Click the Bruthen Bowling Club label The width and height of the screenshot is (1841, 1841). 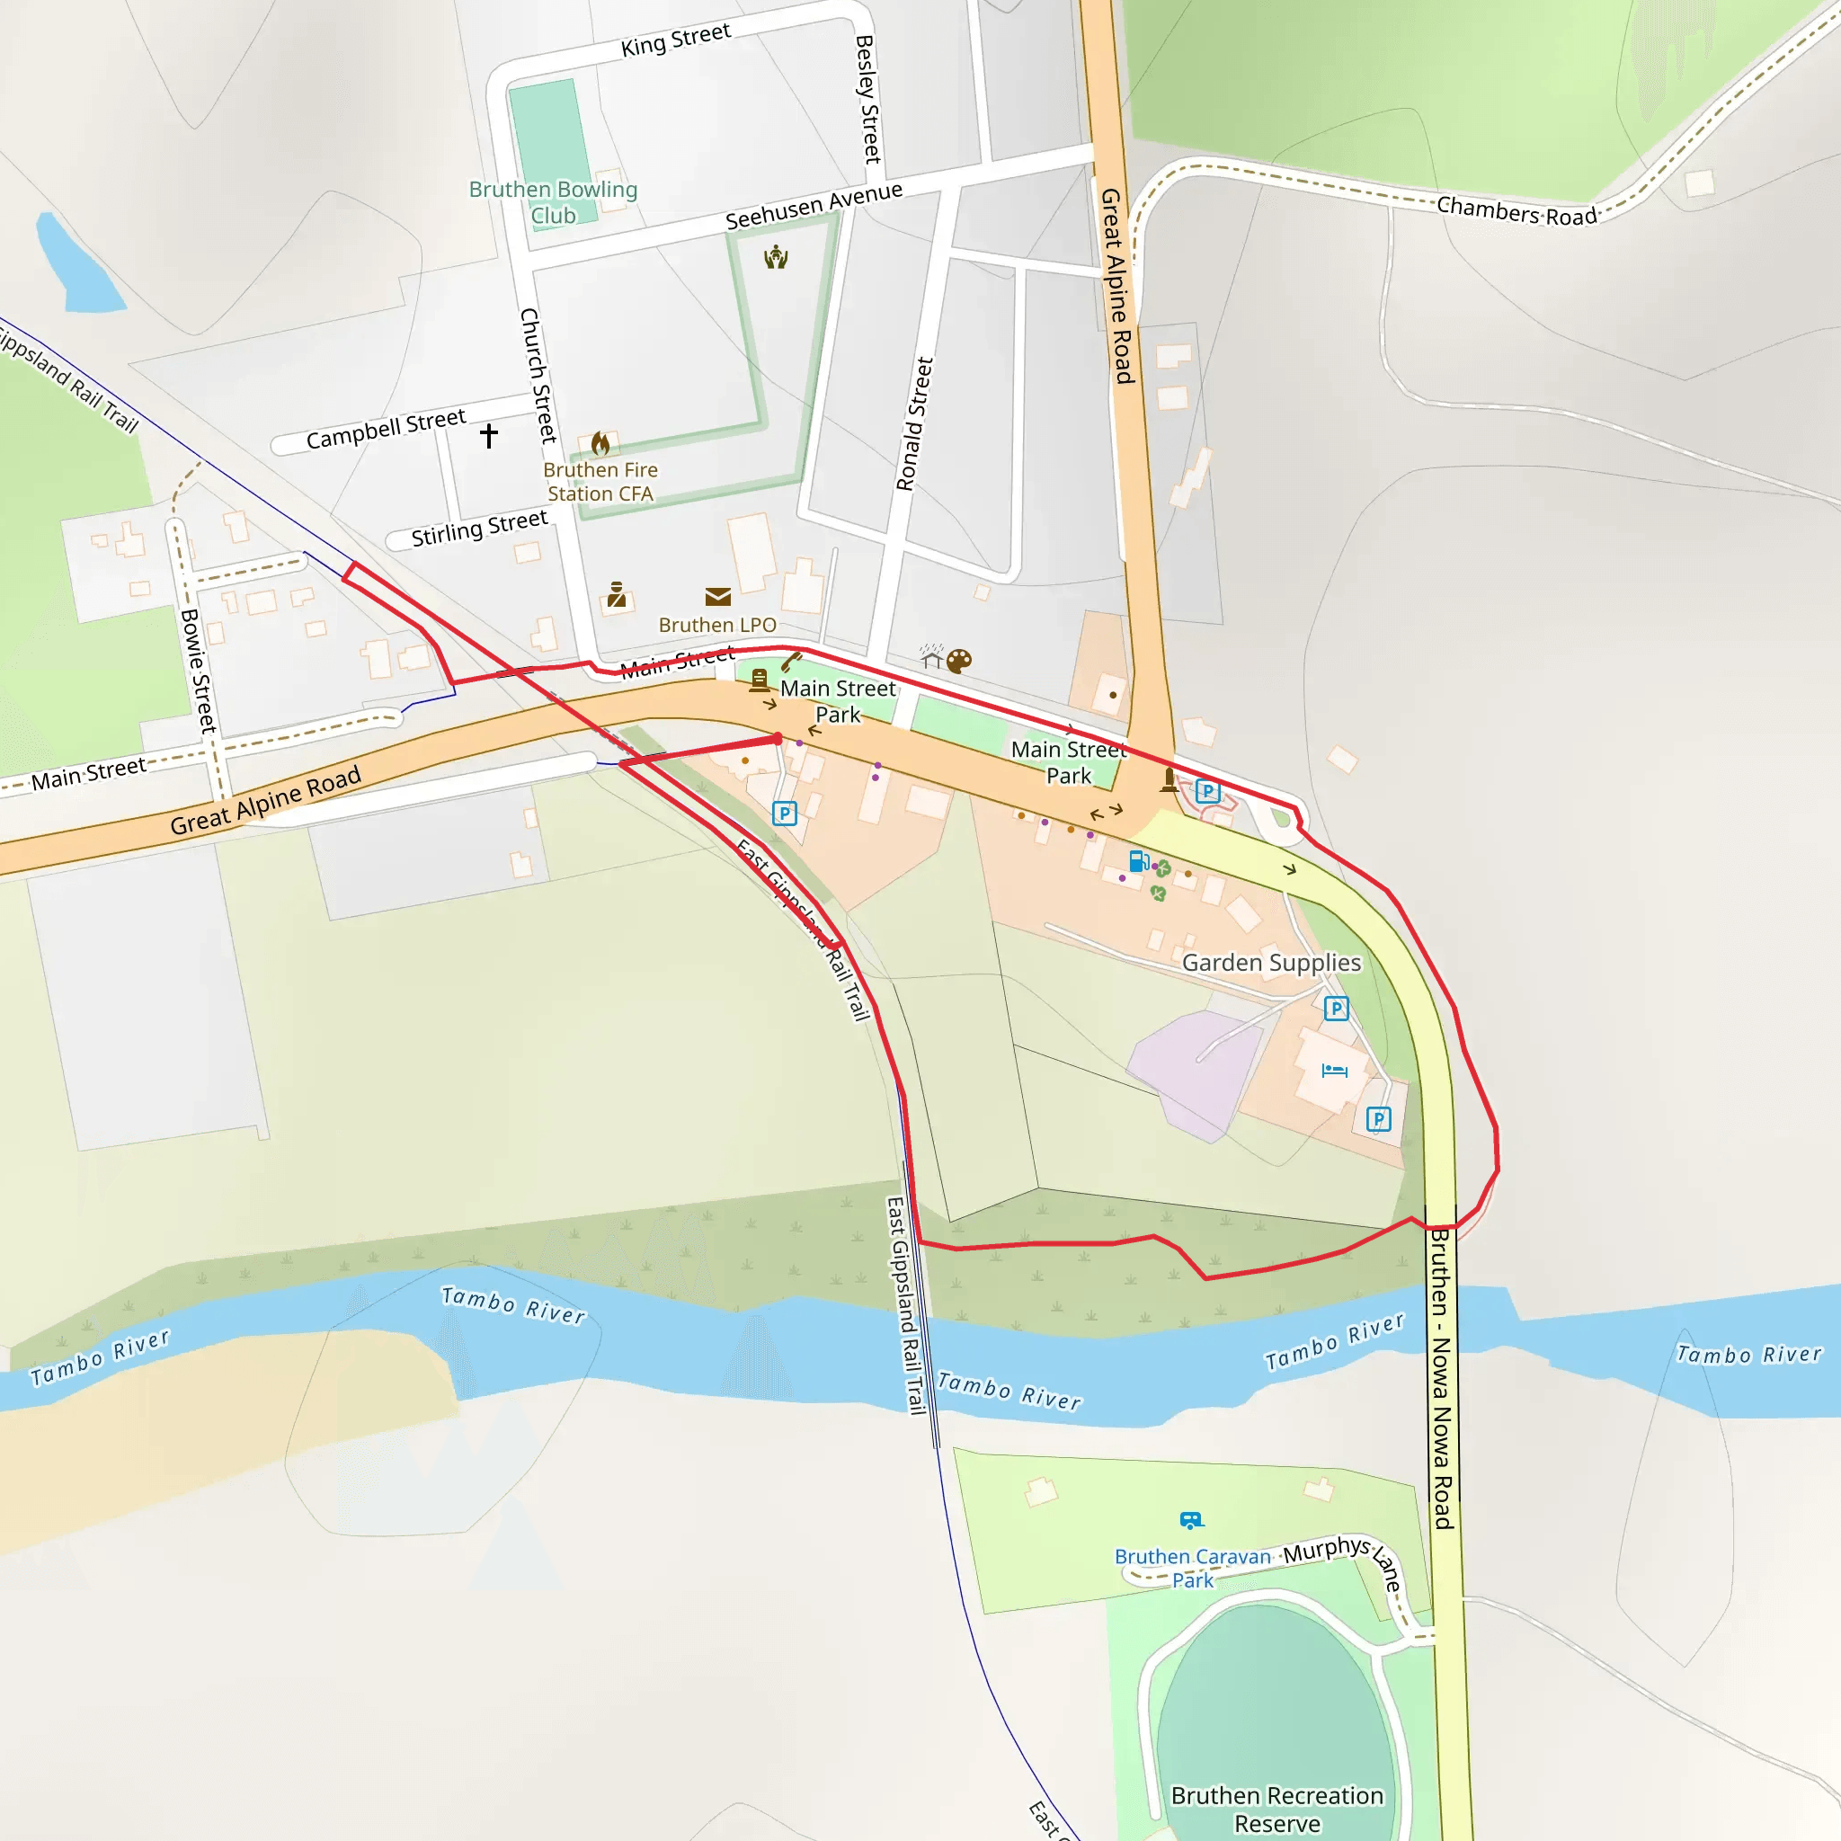click(x=553, y=202)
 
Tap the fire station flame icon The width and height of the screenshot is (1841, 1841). click(x=600, y=443)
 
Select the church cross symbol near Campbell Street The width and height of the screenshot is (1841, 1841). click(x=489, y=435)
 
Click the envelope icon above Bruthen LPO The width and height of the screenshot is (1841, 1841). click(x=717, y=597)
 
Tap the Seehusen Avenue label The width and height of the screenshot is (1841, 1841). click(x=814, y=206)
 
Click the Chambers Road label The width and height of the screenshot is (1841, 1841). click(x=1516, y=210)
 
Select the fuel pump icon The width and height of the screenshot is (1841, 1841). click(x=1138, y=860)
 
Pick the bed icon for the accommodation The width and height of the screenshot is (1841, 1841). click(x=1334, y=1070)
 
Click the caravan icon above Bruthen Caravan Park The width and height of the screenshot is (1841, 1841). click(x=1191, y=1519)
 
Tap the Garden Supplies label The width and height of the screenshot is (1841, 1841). click(x=1271, y=963)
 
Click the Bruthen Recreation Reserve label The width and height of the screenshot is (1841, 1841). click(x=1276, y=1809)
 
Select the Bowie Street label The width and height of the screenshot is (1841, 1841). click(x=198, y=670)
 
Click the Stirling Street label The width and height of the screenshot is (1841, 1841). click(x=479, y=527)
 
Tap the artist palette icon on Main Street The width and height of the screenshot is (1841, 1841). click(x=959, y=661)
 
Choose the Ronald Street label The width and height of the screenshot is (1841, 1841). click(x=914, y=424)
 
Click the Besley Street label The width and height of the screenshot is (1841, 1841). click(x=868, y=99)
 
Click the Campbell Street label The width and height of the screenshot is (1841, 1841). click(x=386, y=429)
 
